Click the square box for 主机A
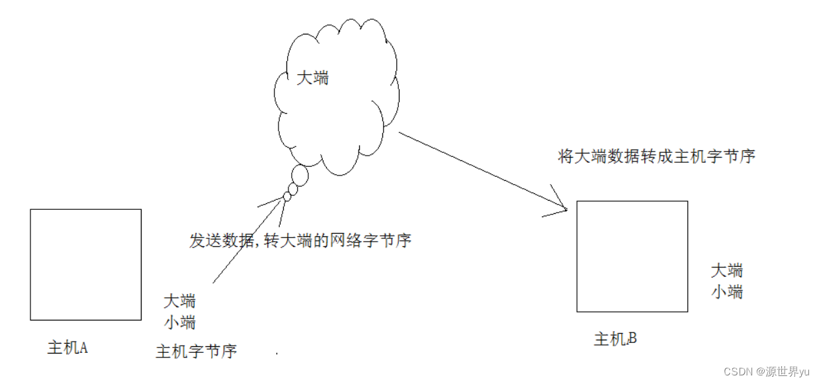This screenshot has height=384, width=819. (x=85, y=264)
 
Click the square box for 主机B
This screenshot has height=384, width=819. (x=632, y=256)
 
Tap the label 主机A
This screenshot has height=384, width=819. (x=67, y=348)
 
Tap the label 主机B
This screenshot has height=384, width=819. (x=615, y=340)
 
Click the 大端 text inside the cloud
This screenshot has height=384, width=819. (x=312, y=78)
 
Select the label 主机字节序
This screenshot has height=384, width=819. (x=196, y=351)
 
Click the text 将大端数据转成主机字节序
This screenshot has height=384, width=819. (x=656, y=157)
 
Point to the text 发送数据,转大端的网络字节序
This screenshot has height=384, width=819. (x=300, y=240)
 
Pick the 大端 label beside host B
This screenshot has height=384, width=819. (x=726, y=270)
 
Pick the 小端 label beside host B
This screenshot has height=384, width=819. (x=726, y=291)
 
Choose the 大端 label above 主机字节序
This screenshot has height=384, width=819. (x=179, y=301)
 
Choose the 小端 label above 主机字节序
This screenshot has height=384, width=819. (x=179, y=322)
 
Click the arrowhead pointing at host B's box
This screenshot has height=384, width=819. (x=560, y=206)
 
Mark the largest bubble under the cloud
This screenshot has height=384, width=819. (x=300, y=175)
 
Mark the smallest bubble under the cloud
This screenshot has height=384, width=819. (x=287, y=197)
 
